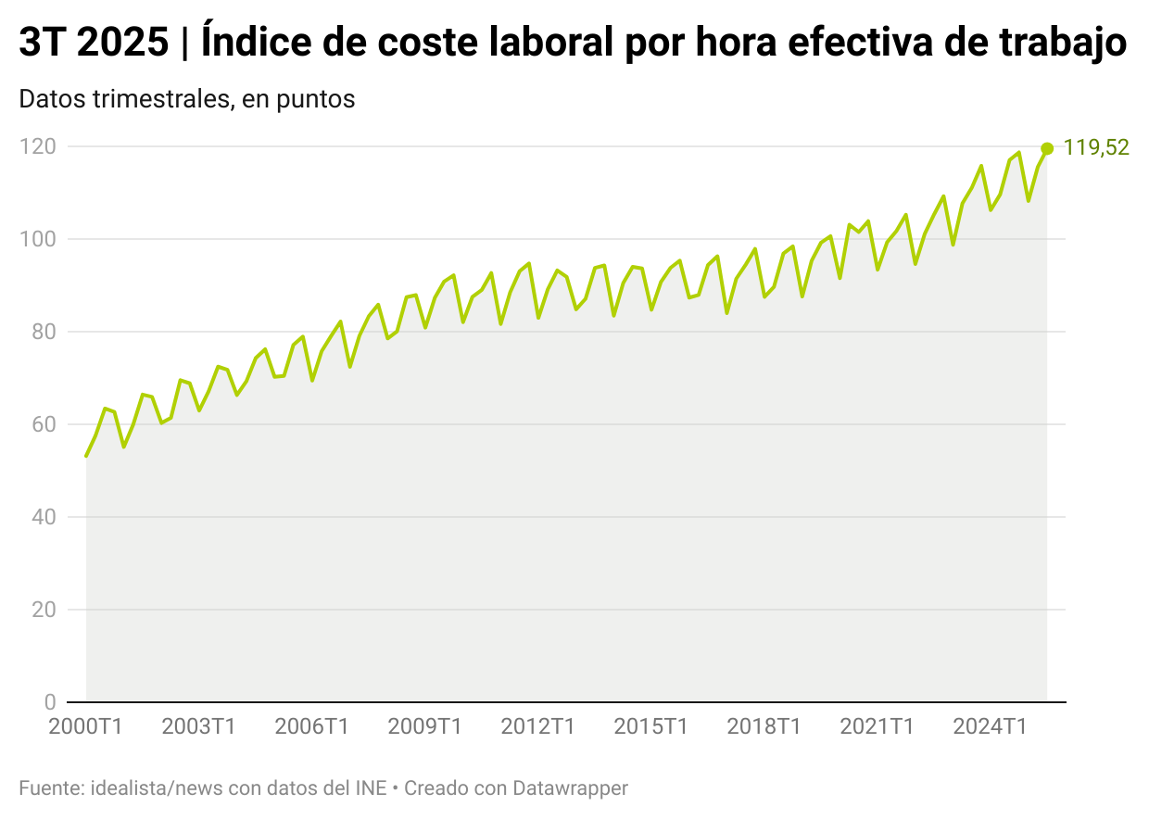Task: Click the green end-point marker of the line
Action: [1047, 148]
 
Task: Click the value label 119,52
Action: [1096, 147]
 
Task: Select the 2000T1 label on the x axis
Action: [86, 726]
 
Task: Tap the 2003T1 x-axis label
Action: [199, 726]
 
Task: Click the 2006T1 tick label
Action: [312, 726]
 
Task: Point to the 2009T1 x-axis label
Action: [425, 726]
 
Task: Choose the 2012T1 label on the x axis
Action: [538, 726]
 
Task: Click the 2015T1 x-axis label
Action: [651, 726]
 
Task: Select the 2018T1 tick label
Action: [764, 726]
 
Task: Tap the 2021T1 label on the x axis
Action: [878, 726]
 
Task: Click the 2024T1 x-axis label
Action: [991, 726]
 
